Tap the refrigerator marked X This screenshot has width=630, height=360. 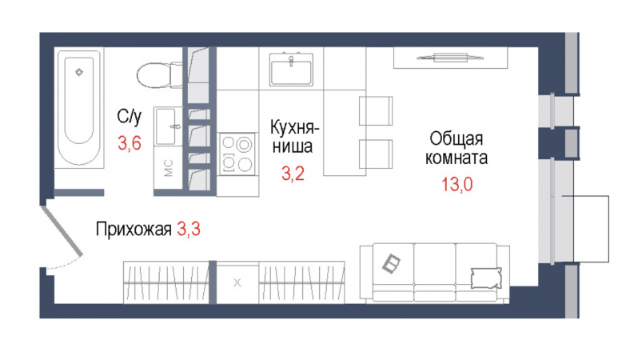coord(237,282)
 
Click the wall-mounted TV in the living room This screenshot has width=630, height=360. coord(448,56)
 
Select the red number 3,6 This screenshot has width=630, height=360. coord(129,144)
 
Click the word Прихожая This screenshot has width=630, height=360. coord(134,231)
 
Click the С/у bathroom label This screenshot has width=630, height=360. coord(129,118)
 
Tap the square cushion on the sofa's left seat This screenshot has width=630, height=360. coord(393,262)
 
